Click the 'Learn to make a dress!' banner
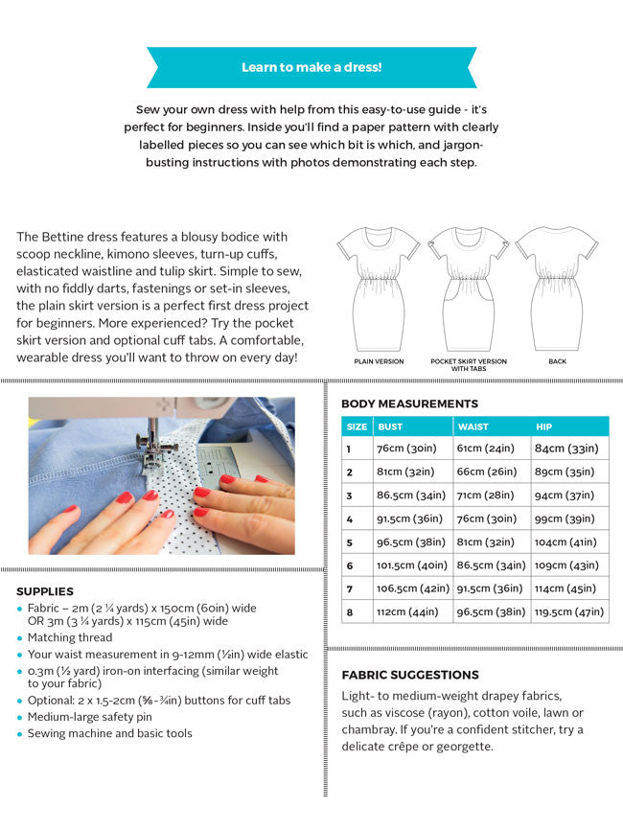311,67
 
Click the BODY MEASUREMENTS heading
409,403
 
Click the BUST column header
390,427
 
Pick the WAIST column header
473,427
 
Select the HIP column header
545,427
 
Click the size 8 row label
351,611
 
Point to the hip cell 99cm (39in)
565,519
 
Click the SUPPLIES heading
45,591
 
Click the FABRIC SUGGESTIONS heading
410,675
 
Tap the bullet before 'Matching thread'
20,638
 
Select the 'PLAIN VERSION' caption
379,362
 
